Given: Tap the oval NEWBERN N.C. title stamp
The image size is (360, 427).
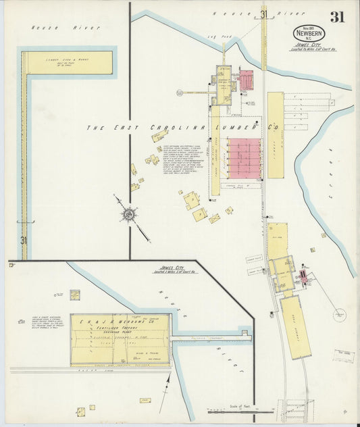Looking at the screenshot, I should [308, 33].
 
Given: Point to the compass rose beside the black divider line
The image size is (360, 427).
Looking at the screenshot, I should [128, 215].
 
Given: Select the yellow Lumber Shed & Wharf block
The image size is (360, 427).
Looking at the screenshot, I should [68, 63].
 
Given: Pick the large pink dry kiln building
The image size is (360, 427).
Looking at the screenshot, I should [243, 157].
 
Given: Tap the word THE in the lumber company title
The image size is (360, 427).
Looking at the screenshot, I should [95, 127].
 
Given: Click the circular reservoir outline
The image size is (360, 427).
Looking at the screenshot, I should [340, 316].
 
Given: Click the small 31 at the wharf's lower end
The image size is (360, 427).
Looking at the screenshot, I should [23, 240].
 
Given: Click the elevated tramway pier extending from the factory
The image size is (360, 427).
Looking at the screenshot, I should [209, 335].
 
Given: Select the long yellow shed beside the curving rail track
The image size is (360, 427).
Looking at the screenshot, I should [294, 326].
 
